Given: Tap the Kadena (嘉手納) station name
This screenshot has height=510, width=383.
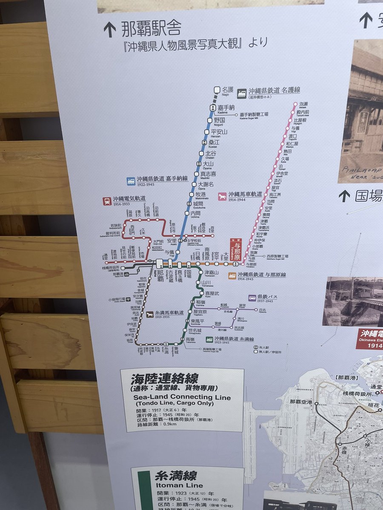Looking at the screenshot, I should [x=226, y=108].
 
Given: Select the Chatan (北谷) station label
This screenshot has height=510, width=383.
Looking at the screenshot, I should [x=211, y=153].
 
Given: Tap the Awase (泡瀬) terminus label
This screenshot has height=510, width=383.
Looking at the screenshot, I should [x=303, y=104].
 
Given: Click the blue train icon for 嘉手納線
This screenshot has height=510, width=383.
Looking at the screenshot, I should [x=131, y=181].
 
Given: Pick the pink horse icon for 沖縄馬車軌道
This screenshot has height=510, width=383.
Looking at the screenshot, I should [x=222, y=196].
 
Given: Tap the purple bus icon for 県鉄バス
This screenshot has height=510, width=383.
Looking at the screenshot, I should [x=252, y=298].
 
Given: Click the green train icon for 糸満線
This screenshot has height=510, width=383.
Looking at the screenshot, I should [x=209, y=340].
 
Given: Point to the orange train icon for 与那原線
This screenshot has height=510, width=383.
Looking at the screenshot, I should [x=232, y=275].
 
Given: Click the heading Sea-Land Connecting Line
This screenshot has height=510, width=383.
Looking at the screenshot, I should [x=182, y=397].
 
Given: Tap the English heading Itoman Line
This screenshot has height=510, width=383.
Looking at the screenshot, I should [x=173, y=485].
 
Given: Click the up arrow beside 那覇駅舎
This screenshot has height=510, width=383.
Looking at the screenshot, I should [x=109, y=29].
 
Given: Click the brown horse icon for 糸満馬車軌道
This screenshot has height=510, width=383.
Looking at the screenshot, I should [x=150, y=314].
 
